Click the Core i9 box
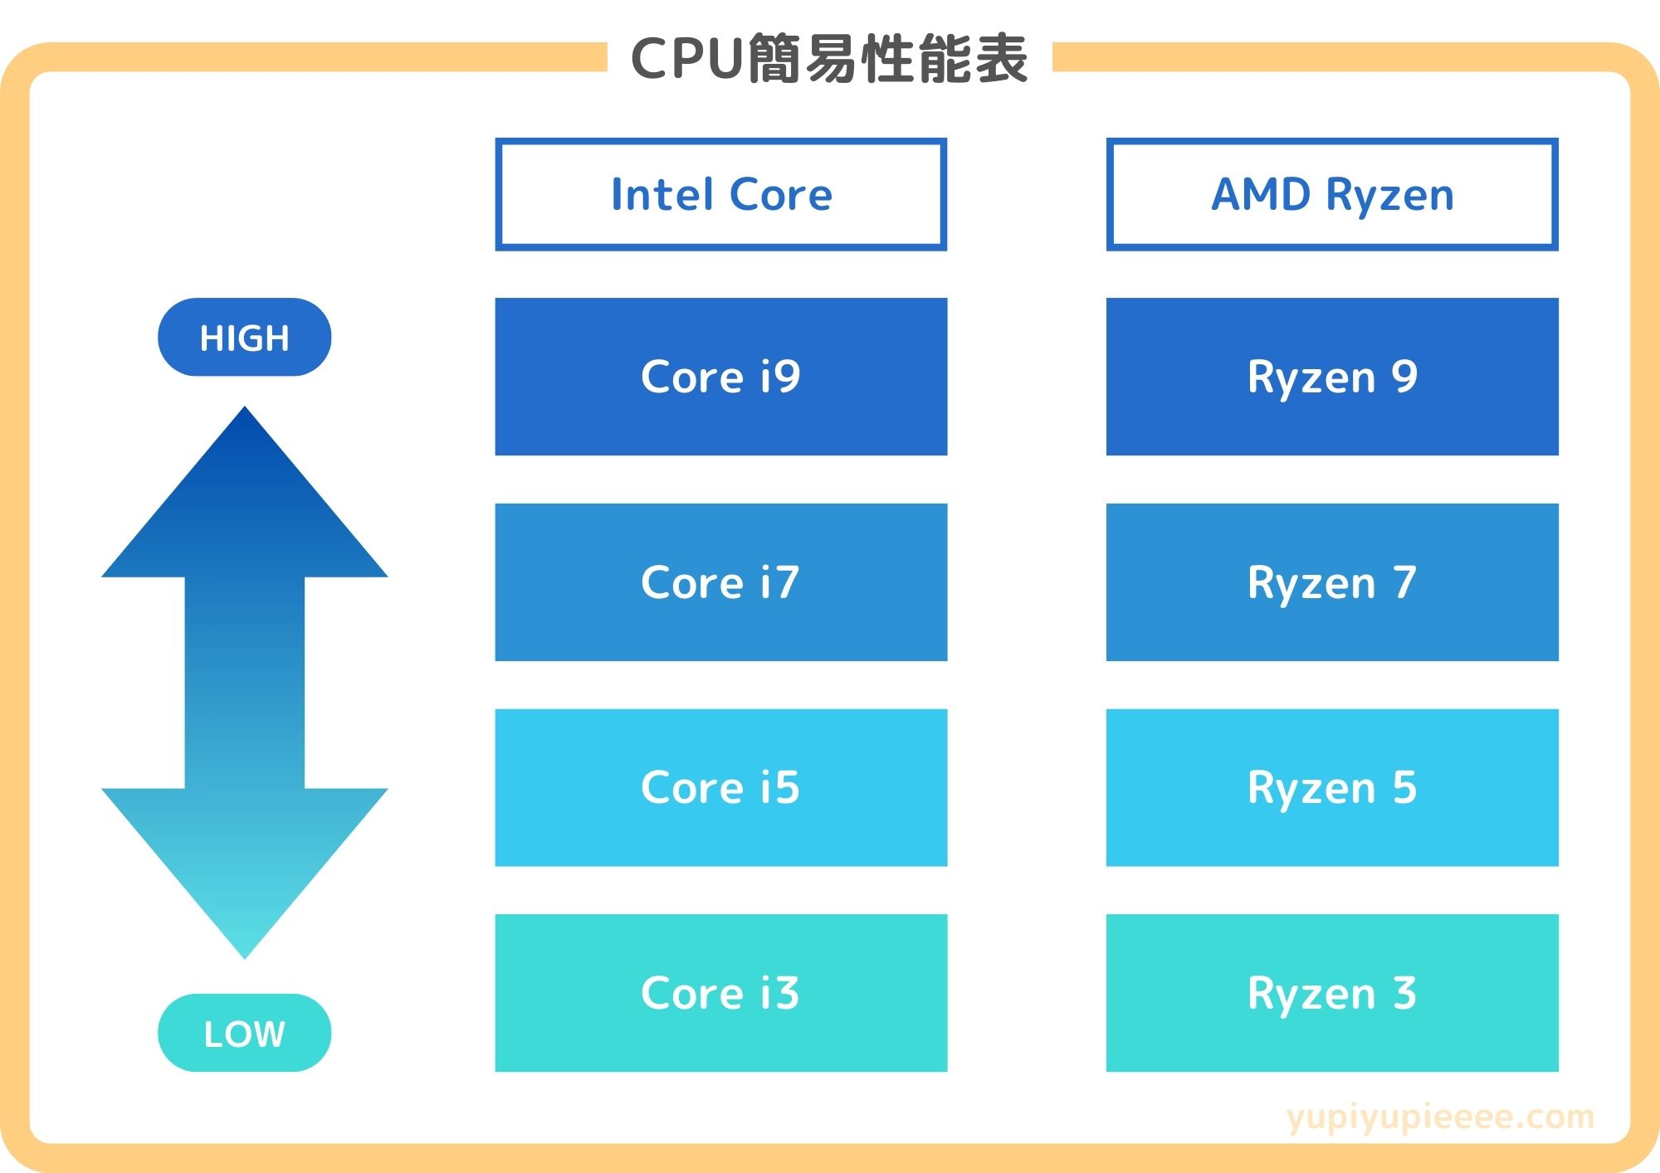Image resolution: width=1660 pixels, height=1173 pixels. [720, 377]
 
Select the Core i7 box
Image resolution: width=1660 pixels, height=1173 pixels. [720, 582]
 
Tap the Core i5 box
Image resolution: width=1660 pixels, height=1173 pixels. [720, 787]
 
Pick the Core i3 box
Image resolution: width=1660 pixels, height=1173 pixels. [720, 992]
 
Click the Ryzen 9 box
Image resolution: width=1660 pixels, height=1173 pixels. [1331, 377]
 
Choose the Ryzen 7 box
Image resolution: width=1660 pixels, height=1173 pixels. [1331, 582]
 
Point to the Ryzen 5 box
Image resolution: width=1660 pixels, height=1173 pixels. [1331, 787]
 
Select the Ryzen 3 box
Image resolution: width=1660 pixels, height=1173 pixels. [1331, 992]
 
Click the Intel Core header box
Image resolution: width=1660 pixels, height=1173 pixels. [720, 194]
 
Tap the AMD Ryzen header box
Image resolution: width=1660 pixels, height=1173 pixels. [1331, 194]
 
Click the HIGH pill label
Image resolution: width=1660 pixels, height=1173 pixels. [244, 338]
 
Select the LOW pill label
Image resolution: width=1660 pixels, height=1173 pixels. [244, 1033]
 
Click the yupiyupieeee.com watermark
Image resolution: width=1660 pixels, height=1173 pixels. [1440, 1117]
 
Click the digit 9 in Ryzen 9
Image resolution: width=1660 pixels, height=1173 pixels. [1404, 377]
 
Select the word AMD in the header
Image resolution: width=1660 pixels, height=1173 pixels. [1261, 194]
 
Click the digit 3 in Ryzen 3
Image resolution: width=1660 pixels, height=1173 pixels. [1404, 992]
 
